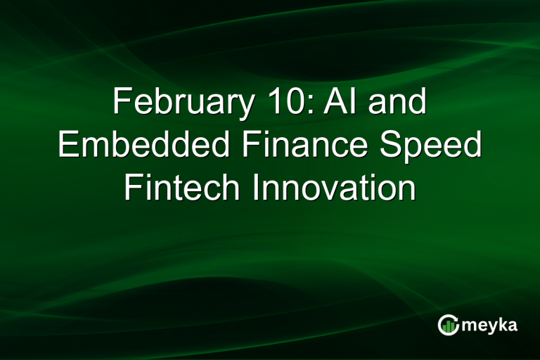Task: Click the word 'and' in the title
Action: click(398, 103)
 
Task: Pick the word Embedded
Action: click(144, 146)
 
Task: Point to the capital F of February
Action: click(120, 103)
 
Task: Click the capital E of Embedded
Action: click(67, 146)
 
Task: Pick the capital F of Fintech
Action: click(132, 188)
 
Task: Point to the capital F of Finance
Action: click(250, 146)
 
